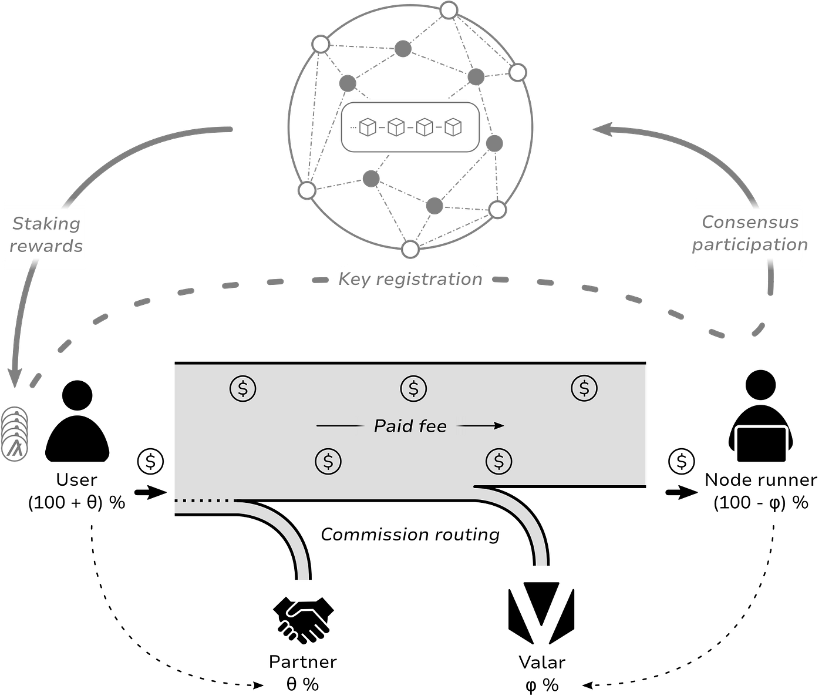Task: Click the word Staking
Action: [x=46, y=224]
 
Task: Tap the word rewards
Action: [x=46, y=246]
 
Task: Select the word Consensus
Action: [x=750, y=222]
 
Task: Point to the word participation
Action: [x=749, y=244]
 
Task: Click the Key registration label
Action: [x=410, y=279]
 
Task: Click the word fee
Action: [x=433, y=426]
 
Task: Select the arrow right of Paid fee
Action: [x=480, y=425]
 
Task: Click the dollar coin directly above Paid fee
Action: [x=413, y=388]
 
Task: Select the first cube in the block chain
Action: [x=368, y=127]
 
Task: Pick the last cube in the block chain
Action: [x=453, y=127]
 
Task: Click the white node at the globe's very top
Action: [x=449, y=10]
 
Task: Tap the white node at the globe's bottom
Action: [x=410, y=249]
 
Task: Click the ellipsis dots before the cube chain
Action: [x=353, y=127]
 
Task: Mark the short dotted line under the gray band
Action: [x=204, y=501]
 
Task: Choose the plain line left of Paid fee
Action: [x=339, y=425]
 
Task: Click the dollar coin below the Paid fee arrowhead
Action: [x=498, y=462]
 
